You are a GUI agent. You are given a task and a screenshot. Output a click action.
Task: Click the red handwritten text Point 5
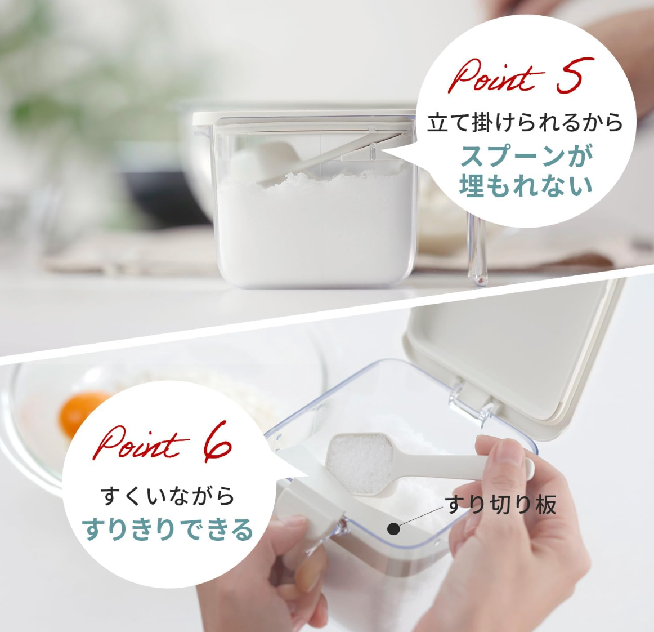click(521, 76)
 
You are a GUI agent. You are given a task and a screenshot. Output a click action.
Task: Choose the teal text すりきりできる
click(167, 529)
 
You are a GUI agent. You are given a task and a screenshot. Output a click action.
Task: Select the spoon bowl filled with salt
click(360, 462)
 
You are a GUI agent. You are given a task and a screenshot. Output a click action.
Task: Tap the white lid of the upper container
click(304, 118)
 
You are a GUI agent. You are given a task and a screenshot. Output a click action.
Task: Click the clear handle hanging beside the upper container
click(477, 248)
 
